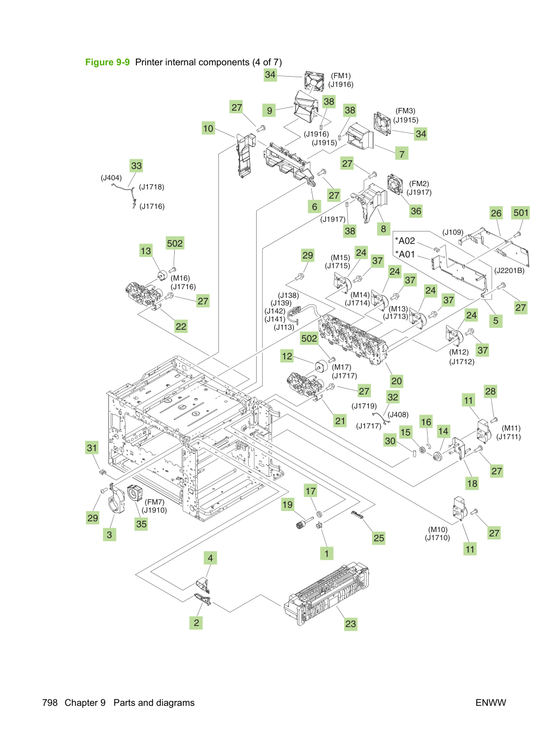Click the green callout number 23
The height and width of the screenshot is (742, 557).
[350, 624]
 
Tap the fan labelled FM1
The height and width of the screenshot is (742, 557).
[314, 81]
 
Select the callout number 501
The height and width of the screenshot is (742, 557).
[520, 213]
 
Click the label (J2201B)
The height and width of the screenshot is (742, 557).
[509, 270]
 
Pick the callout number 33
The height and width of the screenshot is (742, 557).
[136, 166]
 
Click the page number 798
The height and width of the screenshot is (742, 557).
[50, 703]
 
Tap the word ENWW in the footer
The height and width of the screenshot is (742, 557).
[491, 703]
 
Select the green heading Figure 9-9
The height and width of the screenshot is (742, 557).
[107, 62]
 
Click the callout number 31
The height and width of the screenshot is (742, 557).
[92, 448]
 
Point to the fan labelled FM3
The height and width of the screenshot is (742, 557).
[382, 124]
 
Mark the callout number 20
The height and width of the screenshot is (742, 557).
[396, 381]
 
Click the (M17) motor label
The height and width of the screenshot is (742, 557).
[341, 367]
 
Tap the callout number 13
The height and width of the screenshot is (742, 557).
[146, 251]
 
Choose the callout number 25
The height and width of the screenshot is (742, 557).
[379, 538]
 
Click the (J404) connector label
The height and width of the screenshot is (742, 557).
[111, 178]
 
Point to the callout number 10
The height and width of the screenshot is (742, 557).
[208, 128]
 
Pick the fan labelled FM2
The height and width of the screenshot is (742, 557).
[395, 184]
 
